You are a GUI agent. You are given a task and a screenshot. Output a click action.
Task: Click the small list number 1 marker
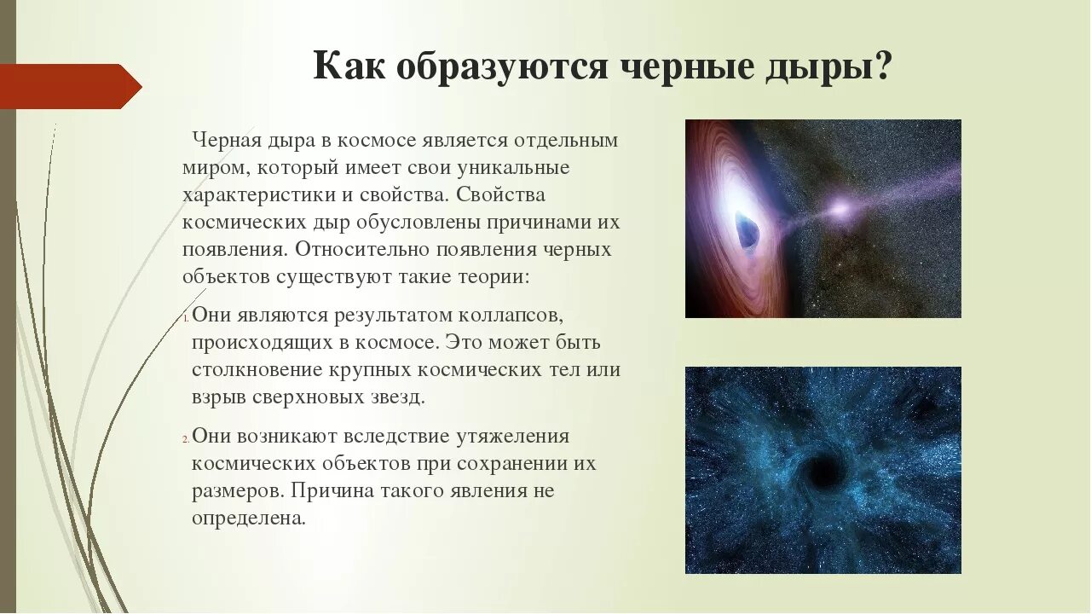(x=186, y=318)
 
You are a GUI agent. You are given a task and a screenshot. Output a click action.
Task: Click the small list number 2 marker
(x=186, y=438)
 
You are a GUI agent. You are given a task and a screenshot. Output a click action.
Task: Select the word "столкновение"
(x=257, y=369)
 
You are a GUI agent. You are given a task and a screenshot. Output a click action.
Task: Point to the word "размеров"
(x=236, y=490)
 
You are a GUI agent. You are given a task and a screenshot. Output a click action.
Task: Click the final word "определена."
(x=248, y=518)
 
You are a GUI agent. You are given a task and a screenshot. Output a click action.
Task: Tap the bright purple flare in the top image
(x=839, y=207)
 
